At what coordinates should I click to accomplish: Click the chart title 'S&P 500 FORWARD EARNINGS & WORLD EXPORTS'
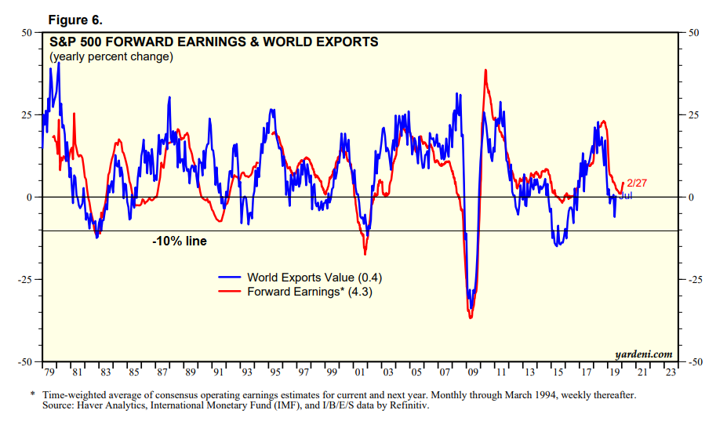pos(214,42)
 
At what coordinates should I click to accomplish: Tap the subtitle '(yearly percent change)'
pos(111,56)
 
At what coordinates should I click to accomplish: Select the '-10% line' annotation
pos(180,241)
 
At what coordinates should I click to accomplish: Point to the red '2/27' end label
pos(637,183)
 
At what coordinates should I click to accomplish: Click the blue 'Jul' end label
pos(625,195)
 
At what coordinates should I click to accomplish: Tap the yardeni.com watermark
pos(645,354)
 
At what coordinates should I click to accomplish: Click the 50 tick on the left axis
pos(27,33)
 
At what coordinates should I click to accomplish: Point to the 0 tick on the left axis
pos(29,198)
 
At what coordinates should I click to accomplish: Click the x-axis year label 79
pos(49,372)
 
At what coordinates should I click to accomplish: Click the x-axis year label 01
pos(358,372)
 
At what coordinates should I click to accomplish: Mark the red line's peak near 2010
pos(486,70)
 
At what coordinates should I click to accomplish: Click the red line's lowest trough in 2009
pos(471,318)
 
